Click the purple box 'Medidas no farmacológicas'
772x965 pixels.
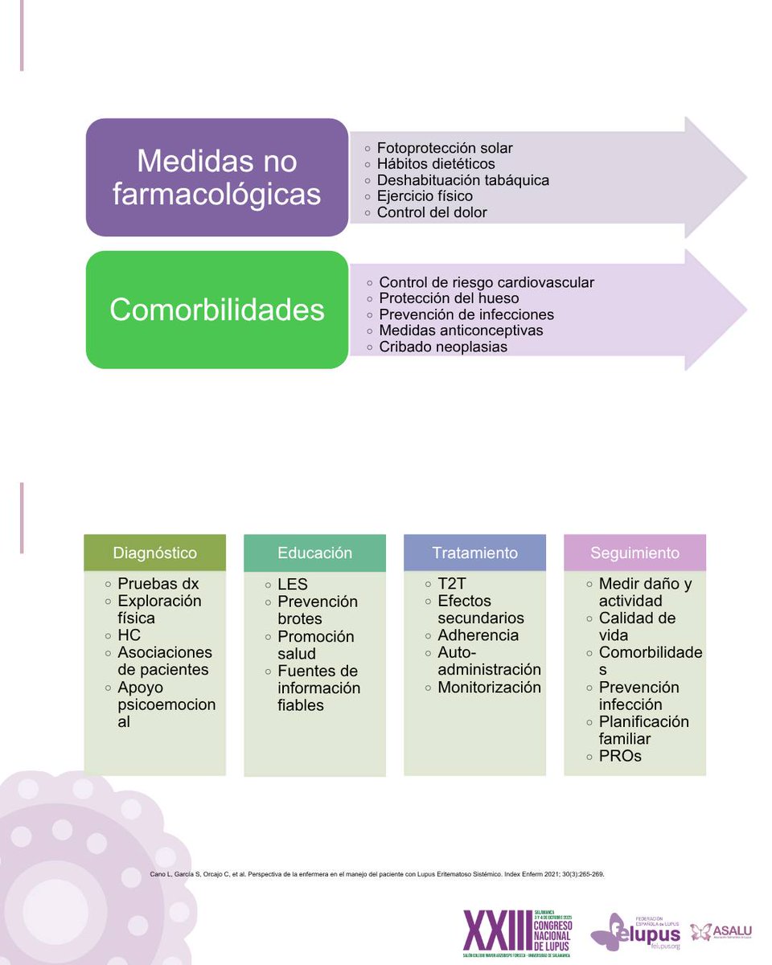point(217,177)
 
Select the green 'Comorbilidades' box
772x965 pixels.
point(217,310)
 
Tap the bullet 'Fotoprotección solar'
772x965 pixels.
point(445,148)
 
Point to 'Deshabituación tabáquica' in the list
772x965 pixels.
point(463,180)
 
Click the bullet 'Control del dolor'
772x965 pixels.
point(432,213)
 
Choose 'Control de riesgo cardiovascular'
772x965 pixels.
point(487,282)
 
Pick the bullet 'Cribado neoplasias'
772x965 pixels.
point(443,347)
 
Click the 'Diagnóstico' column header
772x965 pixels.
point(154,553)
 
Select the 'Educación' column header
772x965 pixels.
point(314,553)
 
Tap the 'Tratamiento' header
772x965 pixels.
point(474,553)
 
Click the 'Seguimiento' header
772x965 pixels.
point(634,553)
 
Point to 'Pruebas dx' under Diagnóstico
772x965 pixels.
point(158,584)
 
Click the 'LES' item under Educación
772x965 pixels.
point(293,585)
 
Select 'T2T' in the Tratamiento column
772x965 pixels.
point(453,584)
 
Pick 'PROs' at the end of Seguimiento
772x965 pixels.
point(621,756)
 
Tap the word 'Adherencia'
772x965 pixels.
point(478,635)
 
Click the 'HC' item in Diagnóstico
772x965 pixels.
point(129,635)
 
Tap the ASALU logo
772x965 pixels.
point(721,932)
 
